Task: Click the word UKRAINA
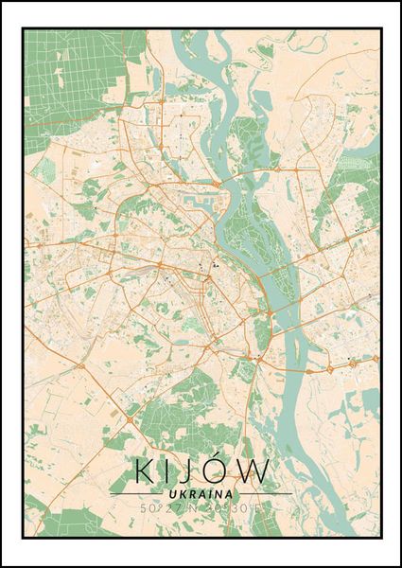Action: tap(201, 493)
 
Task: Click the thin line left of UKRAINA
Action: tap(137, 494)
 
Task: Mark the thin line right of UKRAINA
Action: tap(264, 494)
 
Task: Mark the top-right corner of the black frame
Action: tap(380, 29)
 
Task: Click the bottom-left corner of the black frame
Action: tap(24, 538)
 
